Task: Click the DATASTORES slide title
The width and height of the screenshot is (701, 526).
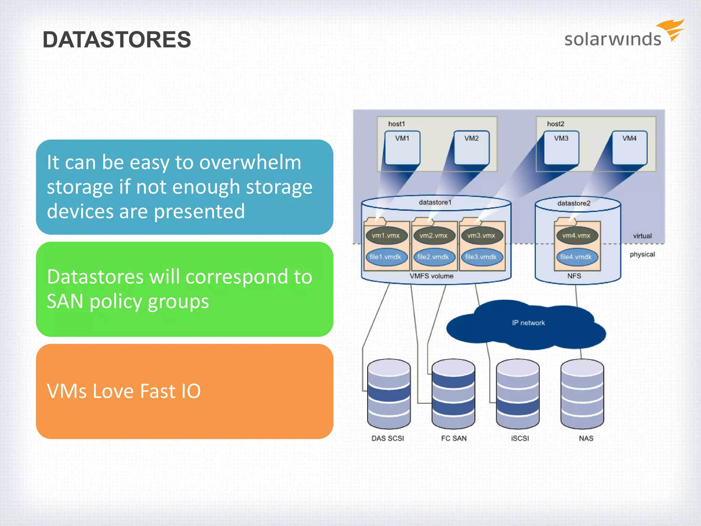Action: [117, 39]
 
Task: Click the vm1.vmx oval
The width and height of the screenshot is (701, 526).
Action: [386, 236]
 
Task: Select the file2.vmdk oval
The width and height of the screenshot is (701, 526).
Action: [433, 257]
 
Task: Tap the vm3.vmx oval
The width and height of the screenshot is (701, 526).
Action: [481, 236]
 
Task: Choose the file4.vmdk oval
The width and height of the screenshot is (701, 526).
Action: [576, 257]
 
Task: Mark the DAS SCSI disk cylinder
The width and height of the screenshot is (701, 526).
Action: [389, 394]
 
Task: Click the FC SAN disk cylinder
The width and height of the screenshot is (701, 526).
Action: [453, 394]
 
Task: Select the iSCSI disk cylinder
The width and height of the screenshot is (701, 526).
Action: [518, 394]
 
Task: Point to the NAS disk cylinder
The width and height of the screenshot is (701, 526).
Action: [582, 394]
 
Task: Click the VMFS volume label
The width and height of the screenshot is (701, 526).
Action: [432, 276]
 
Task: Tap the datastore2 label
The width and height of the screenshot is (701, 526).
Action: [574, 203]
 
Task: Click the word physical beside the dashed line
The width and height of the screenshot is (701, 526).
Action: [642, 254]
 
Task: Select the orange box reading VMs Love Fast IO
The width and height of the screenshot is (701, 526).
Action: [184, 391]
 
